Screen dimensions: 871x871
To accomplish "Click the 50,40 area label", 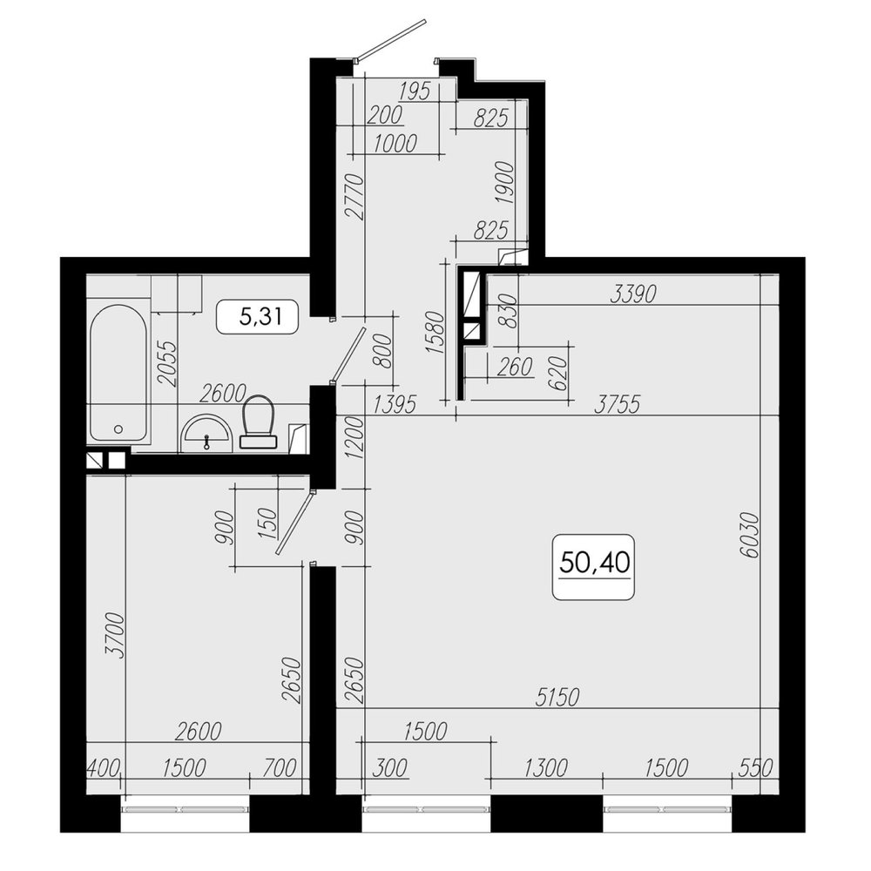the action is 594,562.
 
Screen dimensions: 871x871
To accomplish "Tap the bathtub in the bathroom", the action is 118,374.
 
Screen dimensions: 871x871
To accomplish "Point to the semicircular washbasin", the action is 207,434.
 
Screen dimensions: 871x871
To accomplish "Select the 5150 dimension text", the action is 557,697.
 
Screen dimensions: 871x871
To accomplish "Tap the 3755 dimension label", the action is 618,404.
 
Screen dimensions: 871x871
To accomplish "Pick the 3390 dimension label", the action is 633,294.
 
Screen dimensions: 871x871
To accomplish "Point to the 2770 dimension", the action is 354,197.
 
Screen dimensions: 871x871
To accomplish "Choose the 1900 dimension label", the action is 506,183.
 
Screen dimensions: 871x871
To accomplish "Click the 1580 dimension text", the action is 435,333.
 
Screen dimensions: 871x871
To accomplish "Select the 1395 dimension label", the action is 395,404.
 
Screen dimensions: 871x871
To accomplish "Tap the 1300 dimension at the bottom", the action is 546,768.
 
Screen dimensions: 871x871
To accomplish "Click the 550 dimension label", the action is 756,768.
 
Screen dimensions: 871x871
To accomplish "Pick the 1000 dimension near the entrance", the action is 395,144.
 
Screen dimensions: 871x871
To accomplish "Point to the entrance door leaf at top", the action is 392,38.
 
